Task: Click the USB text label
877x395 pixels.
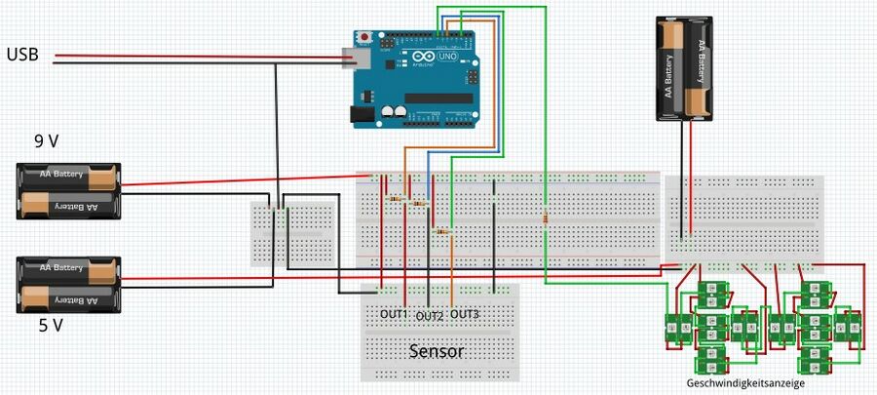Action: point(23,55)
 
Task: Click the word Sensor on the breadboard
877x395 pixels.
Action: point(437,351)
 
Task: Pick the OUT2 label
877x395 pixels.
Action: point(430,316)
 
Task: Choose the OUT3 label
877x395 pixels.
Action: point(465,314)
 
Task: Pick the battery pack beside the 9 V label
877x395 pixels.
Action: point(69,190)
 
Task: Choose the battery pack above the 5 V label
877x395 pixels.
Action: point(69,284)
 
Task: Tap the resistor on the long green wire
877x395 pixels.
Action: point(545,218)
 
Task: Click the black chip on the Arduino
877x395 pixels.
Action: point(438,98)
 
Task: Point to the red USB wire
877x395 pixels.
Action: point(195,56)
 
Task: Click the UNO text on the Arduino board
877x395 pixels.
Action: point(451,58)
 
